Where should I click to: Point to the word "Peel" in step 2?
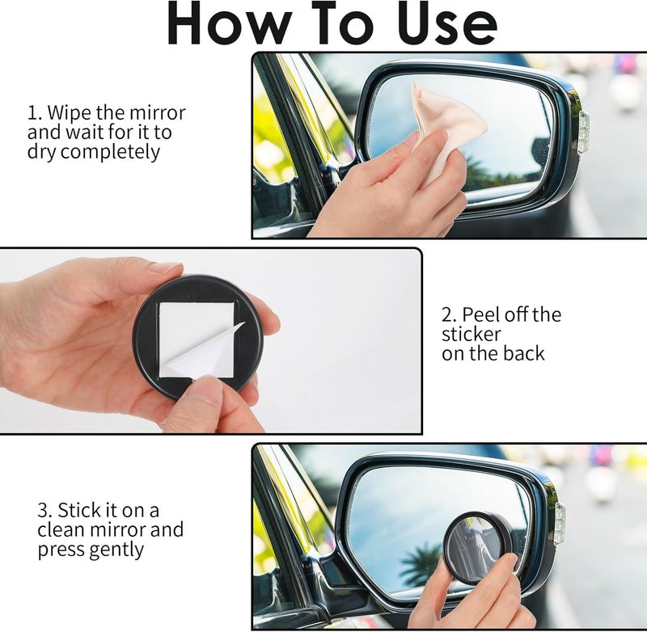(480, 314)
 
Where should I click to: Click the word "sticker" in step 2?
(472, 334)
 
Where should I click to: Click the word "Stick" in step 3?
(78, 511)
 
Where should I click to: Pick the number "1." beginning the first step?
(35, 112)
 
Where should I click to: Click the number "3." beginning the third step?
(45, 511)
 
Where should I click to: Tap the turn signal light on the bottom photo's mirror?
(560, 524)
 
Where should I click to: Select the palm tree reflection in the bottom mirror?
(420, 560)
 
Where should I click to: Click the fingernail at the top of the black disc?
(166, 268)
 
